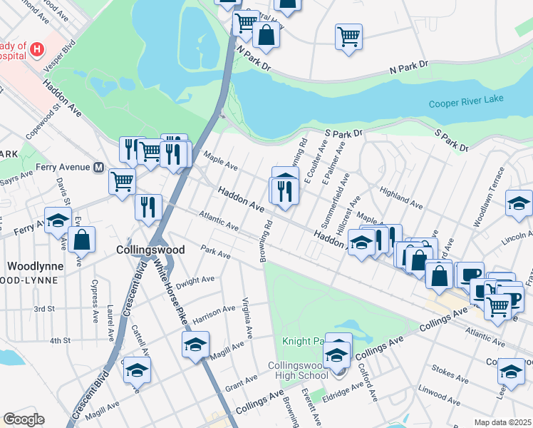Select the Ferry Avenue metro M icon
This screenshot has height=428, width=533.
point(100,168)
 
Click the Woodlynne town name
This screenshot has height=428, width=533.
point(35,265)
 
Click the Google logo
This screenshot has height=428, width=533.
point(23,419)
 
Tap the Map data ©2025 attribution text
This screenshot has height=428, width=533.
point(502,422)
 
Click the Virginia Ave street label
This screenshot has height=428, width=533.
point(247,317)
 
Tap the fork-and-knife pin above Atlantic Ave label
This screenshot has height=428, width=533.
point(148,208)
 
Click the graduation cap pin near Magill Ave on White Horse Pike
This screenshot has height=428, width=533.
point(195,347)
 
